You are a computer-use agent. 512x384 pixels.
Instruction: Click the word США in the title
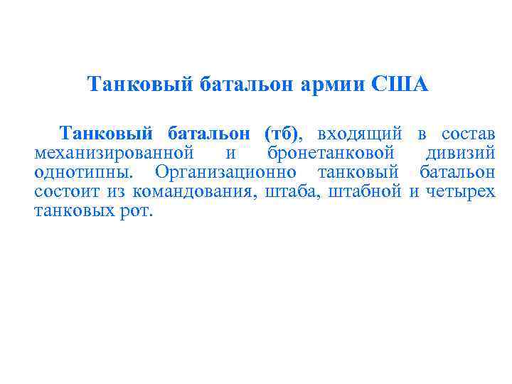tap(400, 85)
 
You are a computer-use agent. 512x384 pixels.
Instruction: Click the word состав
tap(468, 134)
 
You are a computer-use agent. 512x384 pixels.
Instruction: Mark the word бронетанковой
tap(331, 153)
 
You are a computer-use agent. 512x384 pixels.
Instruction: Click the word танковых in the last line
tap(75, 211)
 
